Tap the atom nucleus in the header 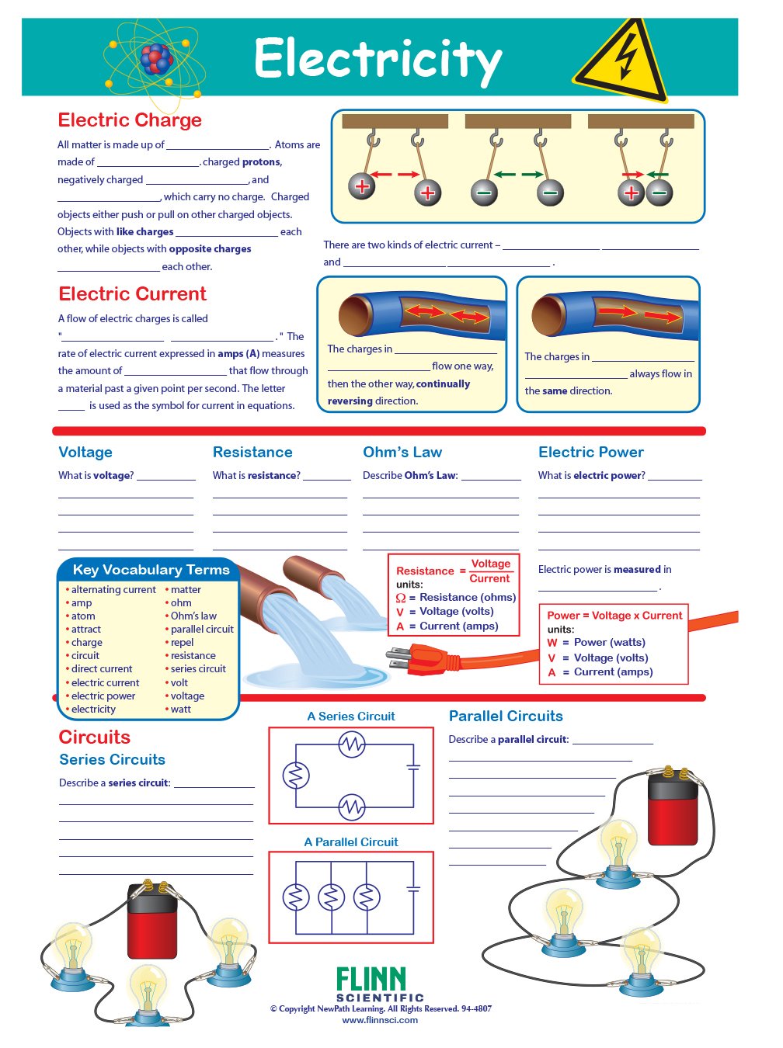[156, 59]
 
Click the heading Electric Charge [130, 120]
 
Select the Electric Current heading [132, 294]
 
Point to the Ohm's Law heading [402, 453]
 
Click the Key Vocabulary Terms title [151, 570]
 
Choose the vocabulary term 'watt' [180, 710]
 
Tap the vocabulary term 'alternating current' [113, 590]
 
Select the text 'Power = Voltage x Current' [614, 616]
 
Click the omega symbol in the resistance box [401, 598]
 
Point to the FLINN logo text [371, 980]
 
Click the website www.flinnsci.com [380, 1020]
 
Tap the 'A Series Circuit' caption [351, 717]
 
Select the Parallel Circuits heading [506, 717]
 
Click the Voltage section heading [85, 453]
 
